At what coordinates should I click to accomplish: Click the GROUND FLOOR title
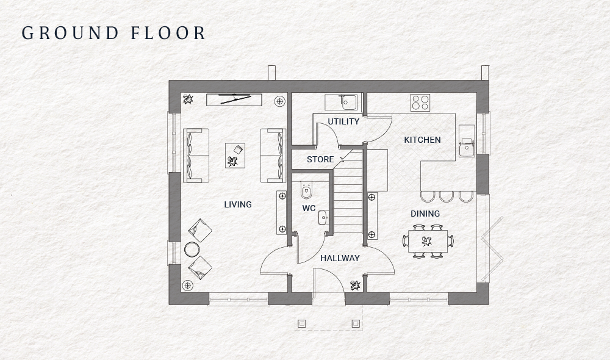(x=114, y=33)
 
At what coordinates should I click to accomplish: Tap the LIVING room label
(x=238, y=204)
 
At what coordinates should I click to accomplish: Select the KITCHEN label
(x=422, y=140)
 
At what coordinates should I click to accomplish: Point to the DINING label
(x=425, y=214)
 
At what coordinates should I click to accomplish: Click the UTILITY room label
(x=343, y=121)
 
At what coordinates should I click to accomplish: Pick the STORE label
(x=320, y=159)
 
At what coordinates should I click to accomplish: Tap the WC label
(x=309, y=208)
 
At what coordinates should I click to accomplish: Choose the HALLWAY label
(x=340, y=258)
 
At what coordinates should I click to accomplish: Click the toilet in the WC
(x=307, y=192)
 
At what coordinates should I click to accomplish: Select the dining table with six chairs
(x=428, y=240)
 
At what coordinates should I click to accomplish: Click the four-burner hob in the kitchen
(x=419, y=102)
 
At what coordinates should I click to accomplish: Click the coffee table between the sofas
(x=235, y=155)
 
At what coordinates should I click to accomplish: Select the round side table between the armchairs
(x=192, y=249)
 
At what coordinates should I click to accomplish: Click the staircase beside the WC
(x=348, y=195)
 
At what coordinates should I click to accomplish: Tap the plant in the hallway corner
(x=355, y=284)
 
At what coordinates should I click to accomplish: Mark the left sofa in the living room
(x=195, y=155)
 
